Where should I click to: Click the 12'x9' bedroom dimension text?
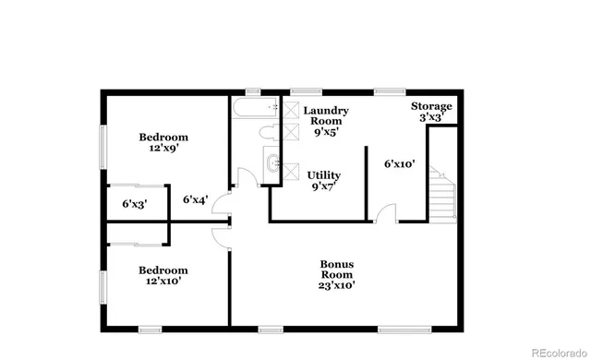[x=163, y=147]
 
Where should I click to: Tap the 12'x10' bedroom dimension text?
[x=163, y=282]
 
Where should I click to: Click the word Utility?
[x=324, y=174]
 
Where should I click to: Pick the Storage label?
[x=430, y=105]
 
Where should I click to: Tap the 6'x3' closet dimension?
[x=135, y=204]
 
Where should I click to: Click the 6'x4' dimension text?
[x=195, y=198]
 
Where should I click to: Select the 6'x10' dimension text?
[x=399, y=163]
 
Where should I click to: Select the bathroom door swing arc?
[x=245, y=176]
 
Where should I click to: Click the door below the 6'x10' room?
[x=386, y=213]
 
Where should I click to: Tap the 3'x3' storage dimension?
[x=430, y=117]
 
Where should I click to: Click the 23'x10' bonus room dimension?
[x=336, y=285]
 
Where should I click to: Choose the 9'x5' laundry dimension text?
[x=325, y=132]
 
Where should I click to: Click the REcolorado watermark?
[x=550, y=349]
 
